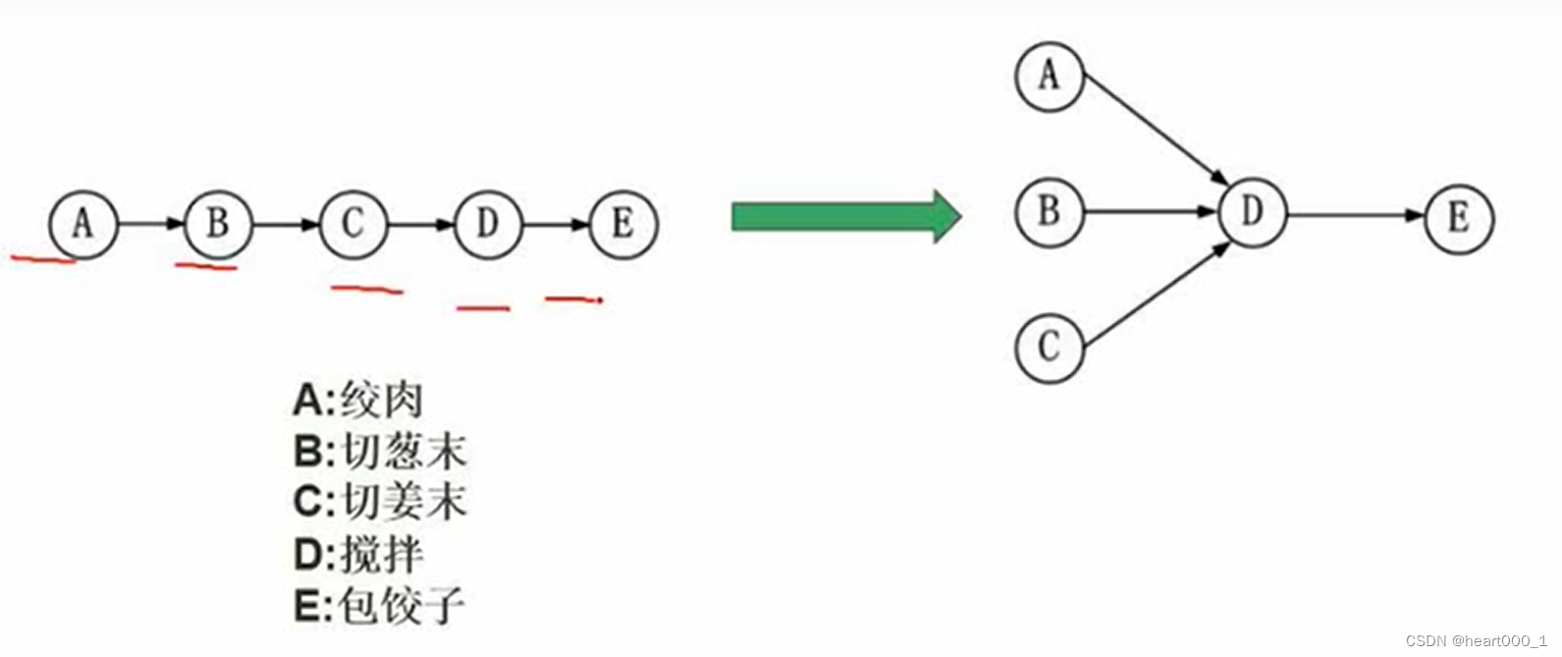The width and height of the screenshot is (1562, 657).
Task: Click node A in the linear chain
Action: point(83,225)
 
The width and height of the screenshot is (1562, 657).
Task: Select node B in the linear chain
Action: point(218,225)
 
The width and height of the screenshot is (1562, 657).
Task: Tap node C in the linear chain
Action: point(353,225)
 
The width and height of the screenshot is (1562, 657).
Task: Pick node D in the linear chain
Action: point(488,225)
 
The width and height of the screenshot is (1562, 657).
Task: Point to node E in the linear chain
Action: point(622,225)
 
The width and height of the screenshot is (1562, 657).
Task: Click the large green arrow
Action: point(845,216)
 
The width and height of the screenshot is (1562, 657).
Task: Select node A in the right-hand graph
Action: point(1050,76)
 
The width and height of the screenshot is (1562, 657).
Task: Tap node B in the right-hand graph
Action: point(1050,211)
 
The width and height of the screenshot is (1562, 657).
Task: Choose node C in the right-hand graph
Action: point(1050,347)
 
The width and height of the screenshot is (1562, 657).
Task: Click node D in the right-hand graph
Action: point(1252,211)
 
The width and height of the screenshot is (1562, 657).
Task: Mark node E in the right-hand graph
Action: point(1459,218)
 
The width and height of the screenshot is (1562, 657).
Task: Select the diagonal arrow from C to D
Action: point(1156,295)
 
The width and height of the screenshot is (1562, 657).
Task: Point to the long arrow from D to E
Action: point(1355,215)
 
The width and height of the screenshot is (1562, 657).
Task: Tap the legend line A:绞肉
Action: point(358,401)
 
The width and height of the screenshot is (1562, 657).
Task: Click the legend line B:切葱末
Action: point(380,452)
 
